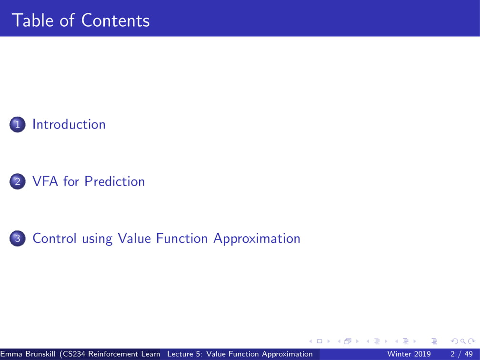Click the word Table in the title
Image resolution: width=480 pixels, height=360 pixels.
pyautogui.click(x=32, y=20)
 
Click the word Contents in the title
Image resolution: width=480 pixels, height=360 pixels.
pyautogui.click(x=115, y=20)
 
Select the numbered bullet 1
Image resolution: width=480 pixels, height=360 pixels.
pyautogui.click(x=18, y=124)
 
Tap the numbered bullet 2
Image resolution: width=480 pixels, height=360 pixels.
pyautogui.click(x=18, y=181)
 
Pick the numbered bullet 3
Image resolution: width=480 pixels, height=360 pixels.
pyautogui.click(x=18, y=239)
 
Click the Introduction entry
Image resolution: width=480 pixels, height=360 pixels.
pyautogui.click(x=69, y=124)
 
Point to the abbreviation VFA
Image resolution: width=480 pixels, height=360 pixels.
pyautogui.click(x=45, y=181)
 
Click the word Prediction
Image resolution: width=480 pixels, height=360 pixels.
pyautogui.click(x=114, y=181)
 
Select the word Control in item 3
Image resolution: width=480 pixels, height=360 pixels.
pyautogui.click(x=54, y=239)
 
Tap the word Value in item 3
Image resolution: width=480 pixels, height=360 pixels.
pyautogui.click(x=134, y=239)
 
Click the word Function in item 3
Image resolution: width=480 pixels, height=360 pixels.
pyautogui.click(x=182, y=239)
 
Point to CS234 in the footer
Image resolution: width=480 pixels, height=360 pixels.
pyautogui.click(x=74, y=354)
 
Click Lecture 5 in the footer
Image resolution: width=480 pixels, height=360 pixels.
pyautogui.click(x=185, y=354)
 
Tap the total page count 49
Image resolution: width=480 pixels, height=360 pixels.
pyautogui.click(x=469, y=354)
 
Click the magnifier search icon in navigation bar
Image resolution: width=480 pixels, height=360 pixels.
pyautogui.click(x=463, y=341)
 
